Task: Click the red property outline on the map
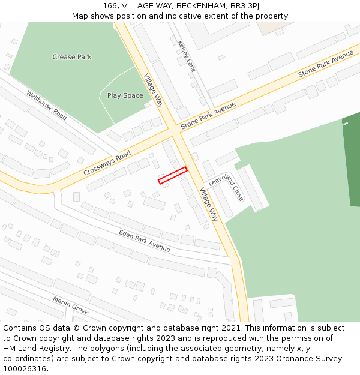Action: (173, 175)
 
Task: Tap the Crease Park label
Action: (72, 57)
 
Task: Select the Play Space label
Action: (125, 95)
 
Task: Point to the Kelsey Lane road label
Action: (187, 56)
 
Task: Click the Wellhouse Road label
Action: (47, 105)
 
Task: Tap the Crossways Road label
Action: (107, 163)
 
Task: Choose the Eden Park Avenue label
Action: (144, 241)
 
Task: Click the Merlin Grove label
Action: (70, 305)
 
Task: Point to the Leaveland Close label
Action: (226, 185)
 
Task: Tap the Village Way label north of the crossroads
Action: (154, 90)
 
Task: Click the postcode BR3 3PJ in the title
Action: (244, 5)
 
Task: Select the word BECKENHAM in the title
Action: (201, 5)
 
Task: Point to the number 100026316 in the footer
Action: (23, 369)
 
